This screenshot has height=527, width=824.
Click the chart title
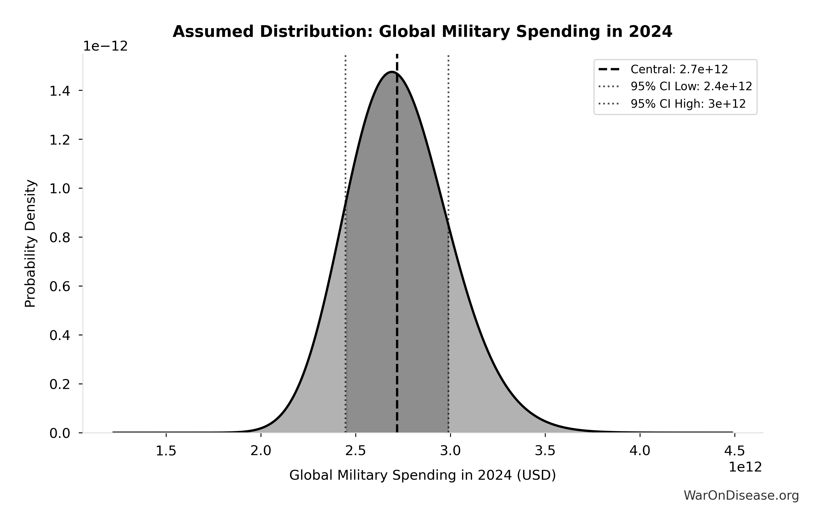click(x=422, y=32)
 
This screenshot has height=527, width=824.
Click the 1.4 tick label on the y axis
click(x=60, y=91)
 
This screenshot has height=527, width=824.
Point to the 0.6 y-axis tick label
click(x=60, y=287)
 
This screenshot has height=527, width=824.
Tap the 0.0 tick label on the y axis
click(x=60, y=434)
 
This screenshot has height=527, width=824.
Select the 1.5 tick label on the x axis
click(x=166, y=451)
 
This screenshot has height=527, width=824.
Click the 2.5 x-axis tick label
click(x=356, y=451)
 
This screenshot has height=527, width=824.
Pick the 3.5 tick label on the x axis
click(x=545, y=451)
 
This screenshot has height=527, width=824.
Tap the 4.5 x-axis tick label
click(x=734, y=451)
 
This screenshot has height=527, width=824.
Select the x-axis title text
click(x=422, y=475)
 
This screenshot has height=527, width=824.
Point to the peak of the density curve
click(x=392, y=72)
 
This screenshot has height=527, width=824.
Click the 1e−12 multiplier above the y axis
click(x=105, y=46)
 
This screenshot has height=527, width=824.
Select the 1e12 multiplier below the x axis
click(x=745, y=467)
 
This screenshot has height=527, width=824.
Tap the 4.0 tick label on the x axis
click(x=640, y=451)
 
